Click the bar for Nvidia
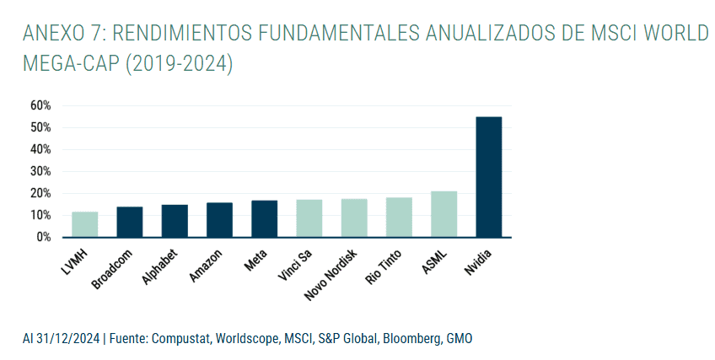point(488,177)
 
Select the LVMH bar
point(84,224)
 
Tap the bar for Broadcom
point(129,222)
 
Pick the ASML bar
point(444,214)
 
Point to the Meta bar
point(264,218)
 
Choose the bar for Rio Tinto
point(399,218)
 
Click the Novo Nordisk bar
point(354,218)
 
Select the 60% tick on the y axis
point(40,105)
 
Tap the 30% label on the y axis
point(40,171)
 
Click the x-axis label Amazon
point(207,264)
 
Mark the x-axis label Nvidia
point(478,262)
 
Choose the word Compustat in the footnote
point(179,339)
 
